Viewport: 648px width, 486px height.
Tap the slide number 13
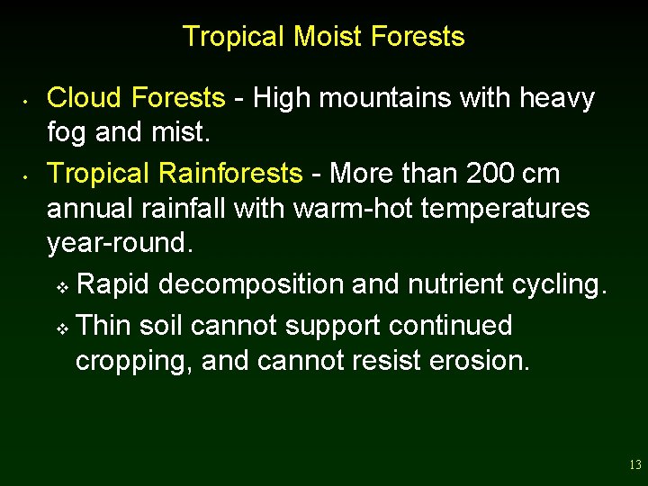635,465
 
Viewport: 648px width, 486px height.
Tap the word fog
65,134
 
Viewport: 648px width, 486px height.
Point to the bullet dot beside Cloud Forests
29,98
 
